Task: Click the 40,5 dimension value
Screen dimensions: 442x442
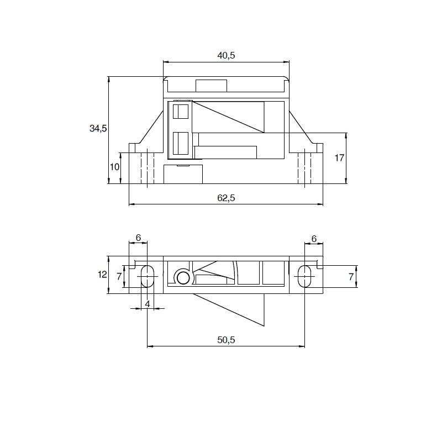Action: (x=226, y=56)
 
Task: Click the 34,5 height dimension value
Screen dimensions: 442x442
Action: (x=98, y=129)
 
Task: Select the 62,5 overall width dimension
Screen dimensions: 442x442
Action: (x=226, y=198)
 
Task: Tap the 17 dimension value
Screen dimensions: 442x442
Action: (x=339, y=158)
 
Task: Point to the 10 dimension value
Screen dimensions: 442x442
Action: (x=115, y=167)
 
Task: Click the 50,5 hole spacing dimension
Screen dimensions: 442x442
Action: (x=226, y=340)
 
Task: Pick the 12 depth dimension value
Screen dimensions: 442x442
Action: (x=102, y=274)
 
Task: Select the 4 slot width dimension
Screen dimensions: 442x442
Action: (x=148, y=304)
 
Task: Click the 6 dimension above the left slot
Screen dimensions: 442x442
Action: (x=138, y=238)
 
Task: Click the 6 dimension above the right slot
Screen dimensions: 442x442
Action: (x=314, y=239)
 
